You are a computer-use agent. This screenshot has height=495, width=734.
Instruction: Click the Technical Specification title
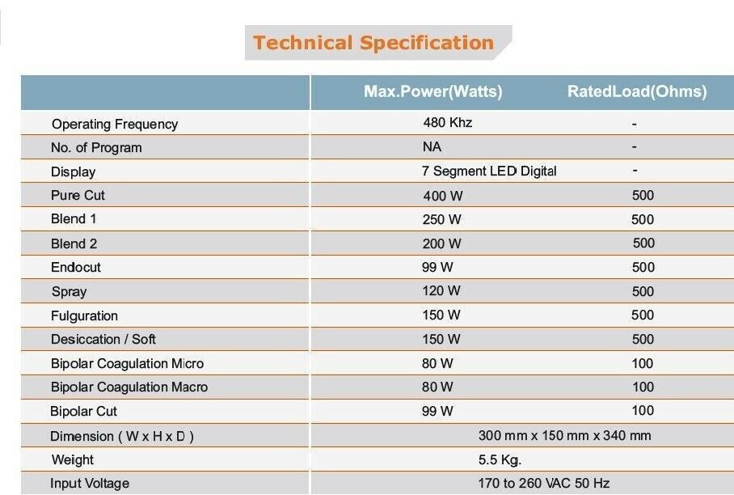pyautogui.click(x=373, y=43)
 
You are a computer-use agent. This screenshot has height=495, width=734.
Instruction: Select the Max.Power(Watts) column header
pyautogui.click(x=432, y=92)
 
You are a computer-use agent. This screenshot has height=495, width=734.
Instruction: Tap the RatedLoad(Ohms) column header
pyautogui.click(x=637, y=92)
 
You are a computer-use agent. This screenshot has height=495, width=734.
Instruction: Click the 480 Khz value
pyautogui.click(x=447, y=123)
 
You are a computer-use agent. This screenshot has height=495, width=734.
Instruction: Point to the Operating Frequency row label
pyautogui.click(x=115, y=124)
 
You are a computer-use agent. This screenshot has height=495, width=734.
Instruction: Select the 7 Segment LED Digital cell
pyautogui.click(x=489, y=171)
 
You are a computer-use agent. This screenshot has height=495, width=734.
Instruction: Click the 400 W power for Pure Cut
pyautogui.click(x=441, y=196)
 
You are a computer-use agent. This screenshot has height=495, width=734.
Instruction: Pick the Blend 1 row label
pyautogui.click(x=74, y=219)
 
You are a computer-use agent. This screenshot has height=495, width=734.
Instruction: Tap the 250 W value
pyautogui.click(x=441, y=219)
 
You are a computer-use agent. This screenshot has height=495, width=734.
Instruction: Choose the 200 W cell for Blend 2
pyautogui.click(x=441, y=243)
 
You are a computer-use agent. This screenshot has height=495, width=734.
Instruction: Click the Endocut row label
pyautogui.click(x=76, y=267)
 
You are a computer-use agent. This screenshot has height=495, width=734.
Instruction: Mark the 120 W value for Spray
pyautogui.click(x=441, y=291)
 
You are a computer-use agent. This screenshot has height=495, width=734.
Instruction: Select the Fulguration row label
pyautogui.click(x=84, y=315)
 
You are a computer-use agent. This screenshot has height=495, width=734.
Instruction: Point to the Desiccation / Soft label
pyautogui.click(x=103, y=339)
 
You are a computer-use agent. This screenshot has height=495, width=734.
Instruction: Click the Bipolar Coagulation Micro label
pyautogui.click(x=127, y=363)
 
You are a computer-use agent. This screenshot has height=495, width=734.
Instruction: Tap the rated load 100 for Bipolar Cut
pyautogui.click(x=643, y=411)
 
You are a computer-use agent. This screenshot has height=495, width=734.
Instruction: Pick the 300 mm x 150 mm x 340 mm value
pyautogui.click(x=564, y=435)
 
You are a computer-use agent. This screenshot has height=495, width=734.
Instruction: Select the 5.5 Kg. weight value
pyautogui.click(x=500, y=459)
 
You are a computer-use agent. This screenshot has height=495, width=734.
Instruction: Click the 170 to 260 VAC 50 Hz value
pyautogui.click(x=543, y=484)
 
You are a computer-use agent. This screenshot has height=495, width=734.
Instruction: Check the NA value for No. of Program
pyautogui.click(x=432, y=147)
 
